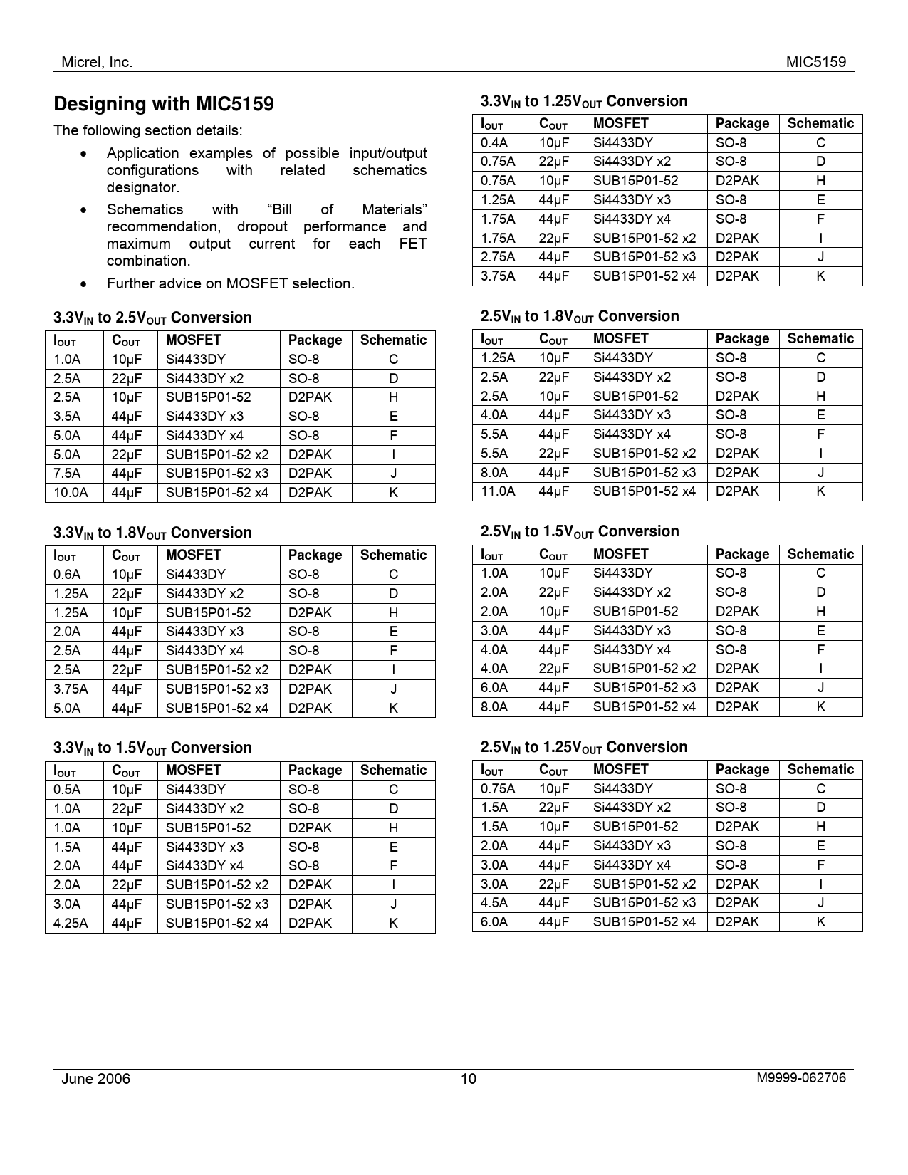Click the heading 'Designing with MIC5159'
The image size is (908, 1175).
(164, 105)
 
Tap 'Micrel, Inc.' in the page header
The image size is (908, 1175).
(97, 62)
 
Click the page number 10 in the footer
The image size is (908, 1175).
(468, 1079)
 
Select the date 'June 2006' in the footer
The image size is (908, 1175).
(96, 1078)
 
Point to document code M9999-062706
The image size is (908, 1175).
(801, 1077)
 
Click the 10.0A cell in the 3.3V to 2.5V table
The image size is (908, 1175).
(71, 492)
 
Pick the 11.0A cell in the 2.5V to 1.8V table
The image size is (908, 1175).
(498, 491)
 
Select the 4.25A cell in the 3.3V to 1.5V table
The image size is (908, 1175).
(71, 923)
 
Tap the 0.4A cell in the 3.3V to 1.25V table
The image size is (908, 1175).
(494, 142)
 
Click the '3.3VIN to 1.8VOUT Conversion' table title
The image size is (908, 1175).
(152, 533)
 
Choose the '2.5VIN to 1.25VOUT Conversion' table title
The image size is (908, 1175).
(584, 747)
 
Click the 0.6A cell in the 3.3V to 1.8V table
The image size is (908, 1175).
(67, 574)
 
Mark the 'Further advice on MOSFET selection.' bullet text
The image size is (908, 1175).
(231, 283)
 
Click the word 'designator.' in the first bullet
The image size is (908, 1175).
(142, 187)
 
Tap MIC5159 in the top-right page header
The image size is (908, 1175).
(816, 62)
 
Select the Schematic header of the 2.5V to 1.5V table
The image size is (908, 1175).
(820, 554)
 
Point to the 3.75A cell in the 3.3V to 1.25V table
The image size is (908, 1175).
(498, 276)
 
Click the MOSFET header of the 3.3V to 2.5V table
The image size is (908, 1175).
(194, 340)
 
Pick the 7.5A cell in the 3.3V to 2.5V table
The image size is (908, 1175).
(67, 473)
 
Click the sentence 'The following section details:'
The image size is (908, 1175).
(148, 130)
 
